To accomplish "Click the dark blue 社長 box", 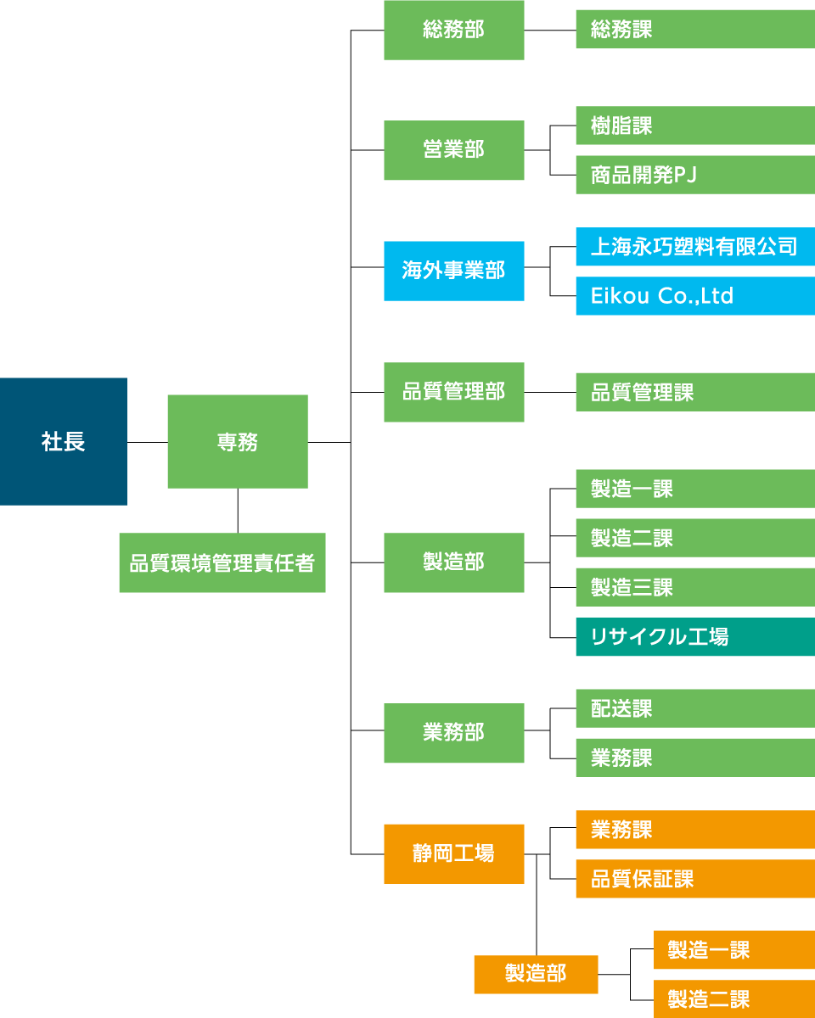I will point(64,441).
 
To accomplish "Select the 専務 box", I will point(238,441).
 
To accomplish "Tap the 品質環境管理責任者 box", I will point(222,562).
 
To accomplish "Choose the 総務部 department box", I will point(454,30).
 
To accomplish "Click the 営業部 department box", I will point(454,150).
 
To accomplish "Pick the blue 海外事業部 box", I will point(454,271).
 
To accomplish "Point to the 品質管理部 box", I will point(454,392).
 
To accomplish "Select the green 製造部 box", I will point(454,562).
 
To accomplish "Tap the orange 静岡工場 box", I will point(454,853).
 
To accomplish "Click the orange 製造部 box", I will point(536,974).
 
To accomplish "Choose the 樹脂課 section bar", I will point(694,126).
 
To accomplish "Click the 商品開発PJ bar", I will point(694,175).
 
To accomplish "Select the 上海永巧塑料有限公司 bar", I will point(694,247).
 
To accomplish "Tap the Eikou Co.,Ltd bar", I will point(694,296).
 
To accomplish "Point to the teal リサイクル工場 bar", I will point(694,636).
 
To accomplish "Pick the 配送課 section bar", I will point(694,708).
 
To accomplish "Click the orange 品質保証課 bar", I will point(694,879).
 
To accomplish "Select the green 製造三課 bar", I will point(694,587).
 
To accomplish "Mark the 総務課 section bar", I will point(694,29).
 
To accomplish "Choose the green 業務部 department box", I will point(454,733).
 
